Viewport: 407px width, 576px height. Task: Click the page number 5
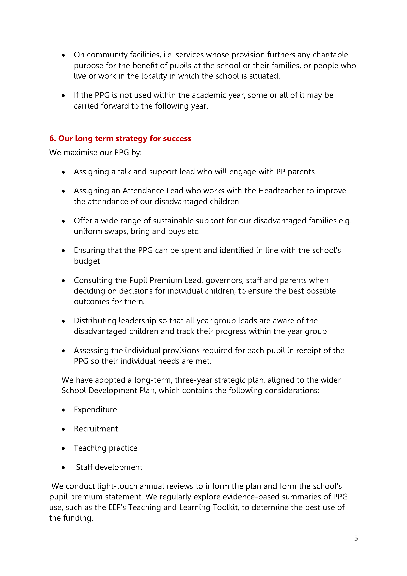[x=356, y=538]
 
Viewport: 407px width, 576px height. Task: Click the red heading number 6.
[x=52, y=138]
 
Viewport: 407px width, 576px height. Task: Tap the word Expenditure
[x=95, y=410]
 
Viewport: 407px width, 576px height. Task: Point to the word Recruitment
[x=96, y=429]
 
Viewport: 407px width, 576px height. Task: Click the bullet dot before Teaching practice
[x=63, y=448]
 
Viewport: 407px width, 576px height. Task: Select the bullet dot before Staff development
[x=63, y=468]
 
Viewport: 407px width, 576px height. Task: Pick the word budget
[x=87, y=262]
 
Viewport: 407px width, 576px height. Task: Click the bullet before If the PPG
[x=63, y=96]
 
